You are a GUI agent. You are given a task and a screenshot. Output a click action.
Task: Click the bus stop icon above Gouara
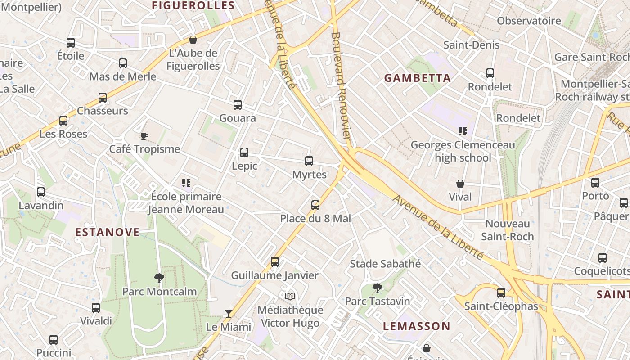tap(238, 105)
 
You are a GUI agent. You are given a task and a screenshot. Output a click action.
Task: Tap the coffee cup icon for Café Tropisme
tap(144, 136)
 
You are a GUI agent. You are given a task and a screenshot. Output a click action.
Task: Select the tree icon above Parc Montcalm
tap(159, 278)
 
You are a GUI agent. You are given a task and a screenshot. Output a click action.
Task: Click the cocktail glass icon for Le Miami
tap(229, 313)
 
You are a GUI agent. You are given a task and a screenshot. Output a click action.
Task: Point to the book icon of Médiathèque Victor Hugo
tap(291, 296)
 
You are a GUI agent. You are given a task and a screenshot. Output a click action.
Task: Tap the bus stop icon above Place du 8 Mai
tap(315, 205)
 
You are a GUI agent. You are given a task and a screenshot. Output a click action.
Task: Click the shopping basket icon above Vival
tap(460, 184)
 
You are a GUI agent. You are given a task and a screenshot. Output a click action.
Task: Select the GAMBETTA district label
tap(417, 78)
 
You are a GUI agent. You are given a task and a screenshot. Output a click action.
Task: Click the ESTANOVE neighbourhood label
tap(107, 232)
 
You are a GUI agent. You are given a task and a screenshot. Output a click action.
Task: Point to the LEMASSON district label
tap(416, 326)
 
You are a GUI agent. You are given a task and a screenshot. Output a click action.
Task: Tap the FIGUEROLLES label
tap(193, 5)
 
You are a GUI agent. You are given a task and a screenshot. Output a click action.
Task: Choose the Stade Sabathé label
tap(385, 264)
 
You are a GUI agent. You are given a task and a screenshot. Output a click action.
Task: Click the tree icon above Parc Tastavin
tap(378, 288)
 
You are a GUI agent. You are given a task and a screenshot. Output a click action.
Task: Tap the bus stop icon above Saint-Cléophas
tap(501, 293)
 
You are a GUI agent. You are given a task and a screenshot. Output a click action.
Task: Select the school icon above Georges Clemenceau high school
tap(463, 131)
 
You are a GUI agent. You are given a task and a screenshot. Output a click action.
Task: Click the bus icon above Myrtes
tap(309, 161)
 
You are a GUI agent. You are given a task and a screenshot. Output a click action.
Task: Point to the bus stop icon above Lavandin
tap(41, 192)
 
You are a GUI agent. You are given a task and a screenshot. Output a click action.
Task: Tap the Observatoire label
tap(529, 21)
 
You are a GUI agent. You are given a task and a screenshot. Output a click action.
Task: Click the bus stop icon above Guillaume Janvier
tap(275, 261)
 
